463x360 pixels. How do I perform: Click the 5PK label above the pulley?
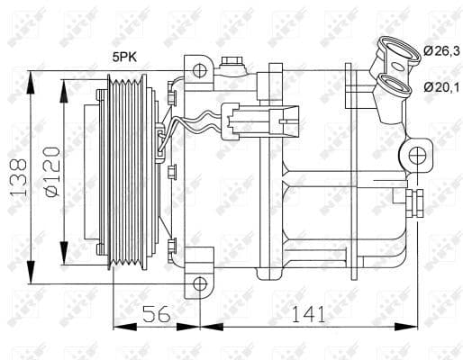(124, 57)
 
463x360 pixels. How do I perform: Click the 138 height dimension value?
(19, 177)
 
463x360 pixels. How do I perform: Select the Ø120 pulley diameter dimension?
(52, 172)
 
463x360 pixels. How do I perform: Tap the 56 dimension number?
(156, 314)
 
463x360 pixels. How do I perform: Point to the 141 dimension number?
(308, 314)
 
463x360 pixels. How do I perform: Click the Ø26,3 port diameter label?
(441, 51)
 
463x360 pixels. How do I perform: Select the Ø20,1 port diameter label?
(441, 87)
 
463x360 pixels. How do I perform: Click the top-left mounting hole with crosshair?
(200, 71)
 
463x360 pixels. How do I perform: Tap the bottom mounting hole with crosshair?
(200, 283)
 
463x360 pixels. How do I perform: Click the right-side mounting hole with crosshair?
(417, 156)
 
